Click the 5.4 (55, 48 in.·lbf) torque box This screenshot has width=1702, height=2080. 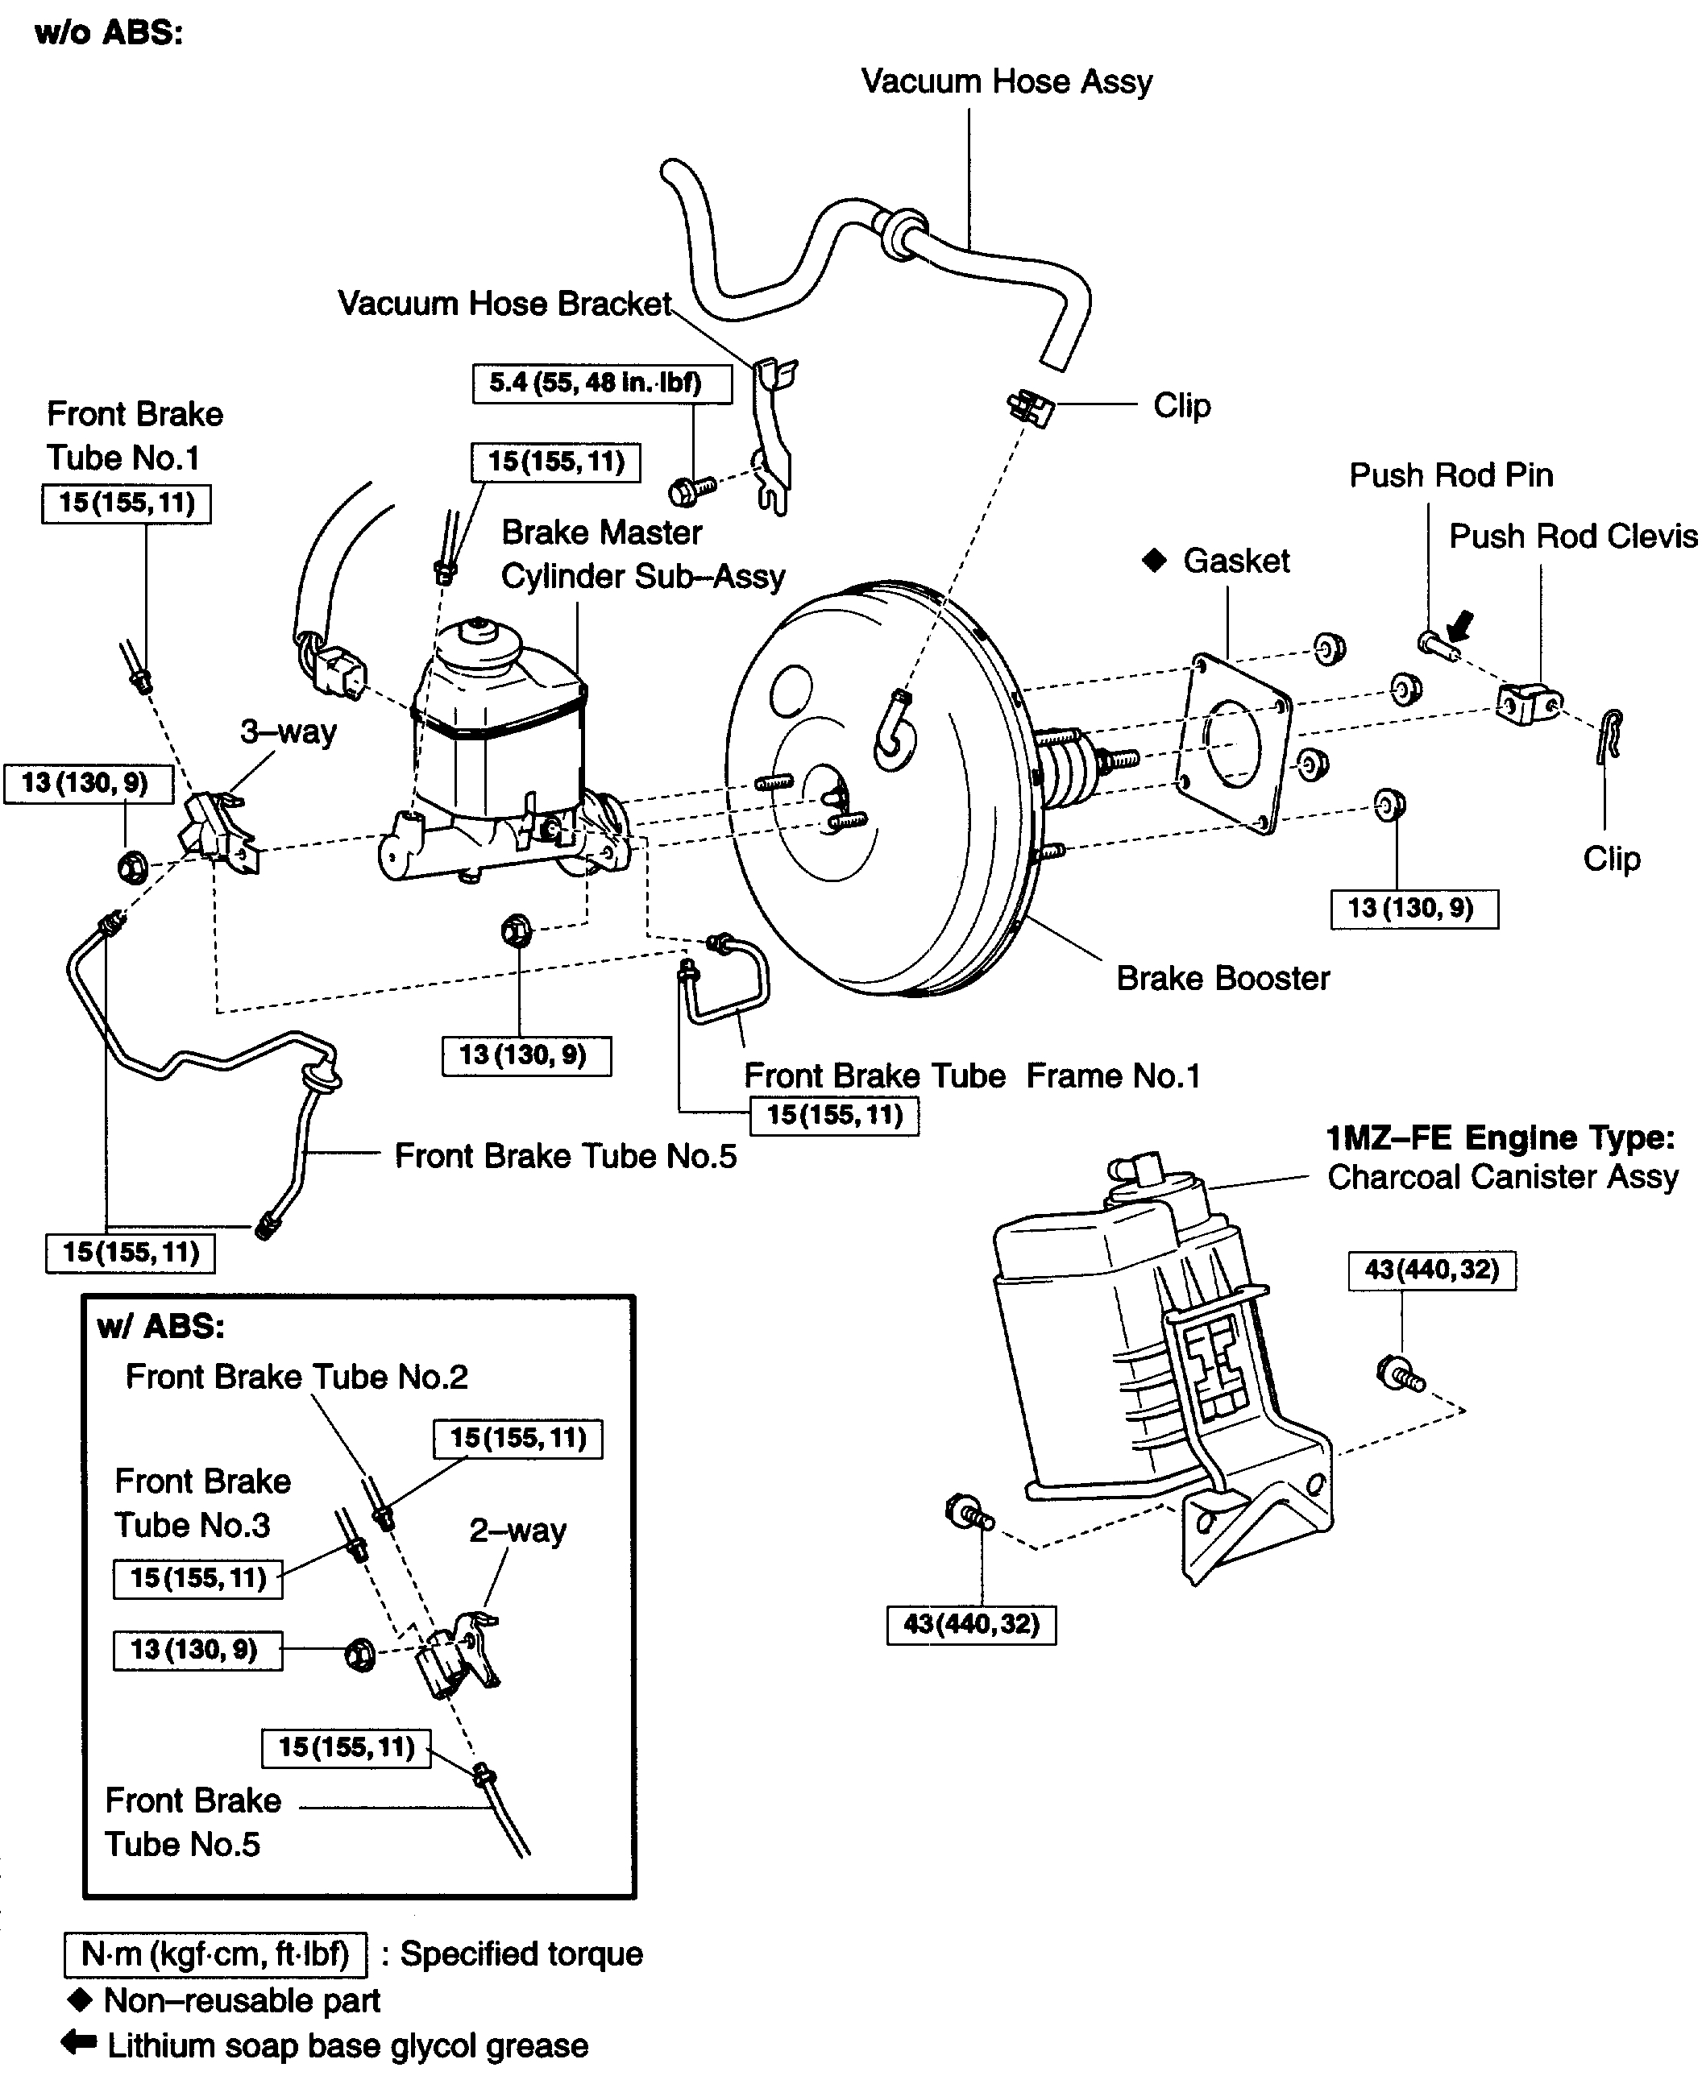point(601,383)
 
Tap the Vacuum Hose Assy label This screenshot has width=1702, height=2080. point(1006,81)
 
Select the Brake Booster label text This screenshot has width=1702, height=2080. point(1223,978)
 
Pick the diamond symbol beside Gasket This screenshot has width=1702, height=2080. point(1155,561)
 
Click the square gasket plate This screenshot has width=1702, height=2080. point(1235,741)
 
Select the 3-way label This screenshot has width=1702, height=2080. point(289,731)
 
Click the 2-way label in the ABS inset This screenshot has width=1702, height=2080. point(517,1530)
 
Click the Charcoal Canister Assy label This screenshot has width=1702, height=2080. point(1502,1176)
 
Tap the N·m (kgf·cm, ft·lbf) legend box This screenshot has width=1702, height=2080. point(214,1954)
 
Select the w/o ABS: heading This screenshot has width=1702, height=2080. point(109,33)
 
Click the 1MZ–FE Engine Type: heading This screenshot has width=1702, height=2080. point(1499,1138)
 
